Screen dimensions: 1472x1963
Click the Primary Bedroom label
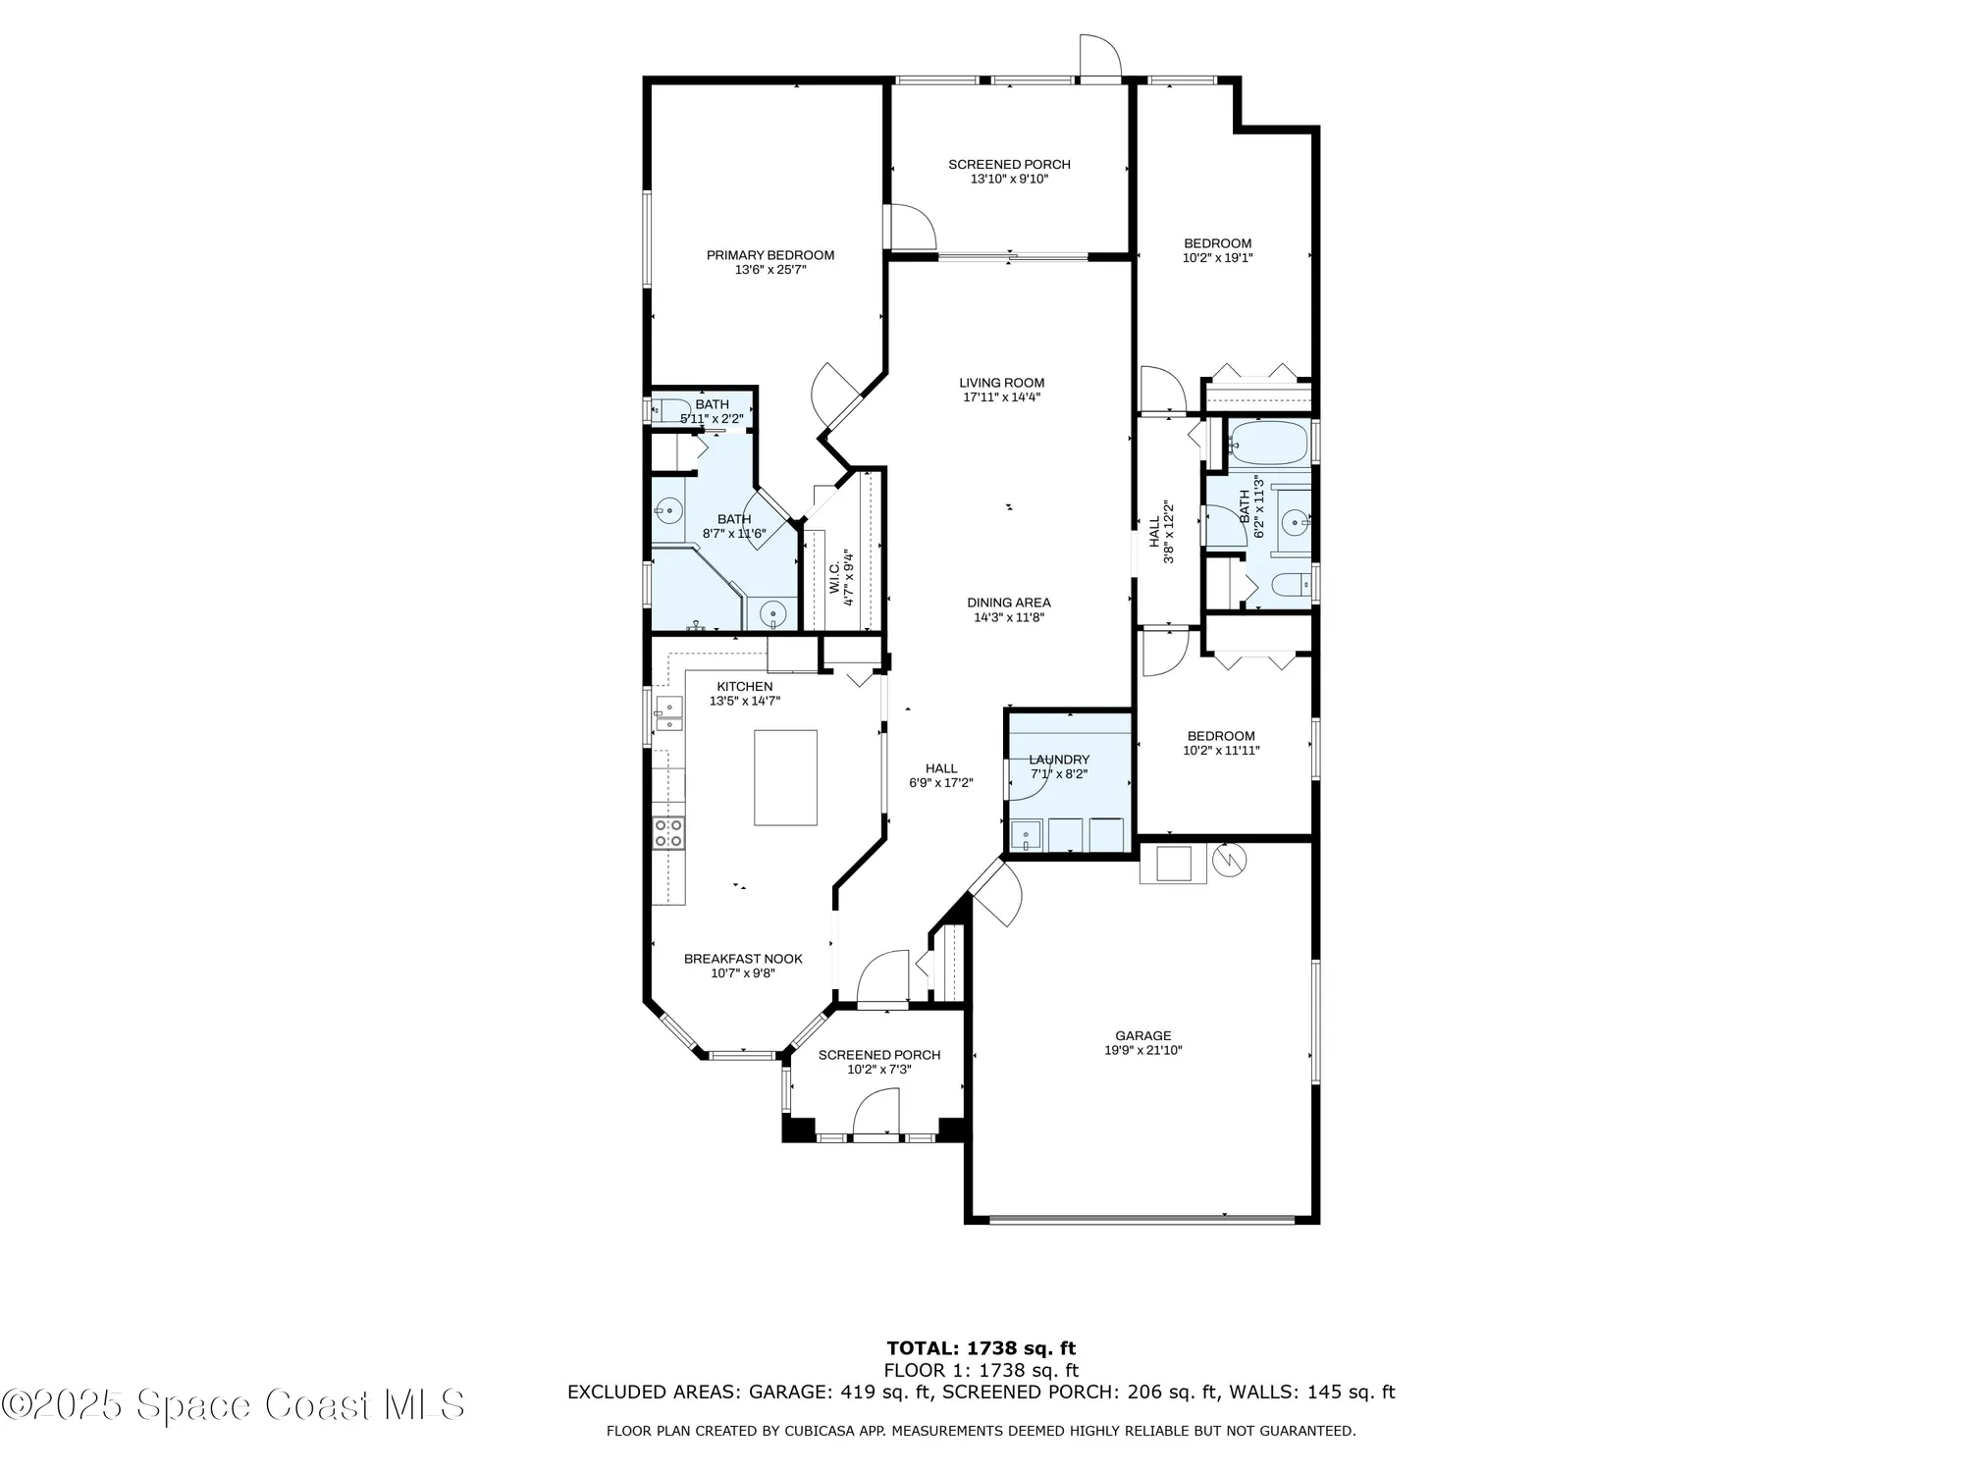pyautogui.click(x=769, y=255)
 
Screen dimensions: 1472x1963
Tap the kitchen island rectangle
pyautogui.click(x=785, y=777)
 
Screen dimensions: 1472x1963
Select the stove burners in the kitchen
pyautogui.click(x=668, y=833)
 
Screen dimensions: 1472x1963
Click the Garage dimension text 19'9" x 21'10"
pyautogui.click(x=1142, y=1050)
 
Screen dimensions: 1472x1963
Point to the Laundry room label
pyautogui.click(x=1059, y=760)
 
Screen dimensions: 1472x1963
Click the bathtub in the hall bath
pyautogui.click(x=1267, y=443)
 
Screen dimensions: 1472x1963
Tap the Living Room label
pyautogui.click(x=1001, y=383)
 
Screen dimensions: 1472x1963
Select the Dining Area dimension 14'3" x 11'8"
pyautogui.click(x=1008, y=617)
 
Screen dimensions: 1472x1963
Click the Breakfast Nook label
pyautogui.click(x=743, y=959)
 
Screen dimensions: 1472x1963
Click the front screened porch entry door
pyautogui.click(x=876, y=1115)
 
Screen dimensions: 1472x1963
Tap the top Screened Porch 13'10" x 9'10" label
pyautogui.click(x=1009, y=165)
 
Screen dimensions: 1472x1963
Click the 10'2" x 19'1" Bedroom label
pyautogui.click(x=1217, y=243)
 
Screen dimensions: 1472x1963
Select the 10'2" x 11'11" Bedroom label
pyautogui.click(x=1221, y=736)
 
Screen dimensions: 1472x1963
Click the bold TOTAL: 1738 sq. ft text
pyautogui.click(x=981, y=1348)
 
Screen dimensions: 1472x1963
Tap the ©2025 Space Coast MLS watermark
pyautogui.click(x=233, y=1404)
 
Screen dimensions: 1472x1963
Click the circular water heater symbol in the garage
pyautogui.click(x=1229, y=860)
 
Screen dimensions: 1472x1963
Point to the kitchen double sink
pyautogui.click(x=669, y=714)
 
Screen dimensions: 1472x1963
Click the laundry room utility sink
pyautogui.click(x=1027, y=836)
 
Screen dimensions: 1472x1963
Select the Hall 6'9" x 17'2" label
pyautogui.click(x=940, y=768)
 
